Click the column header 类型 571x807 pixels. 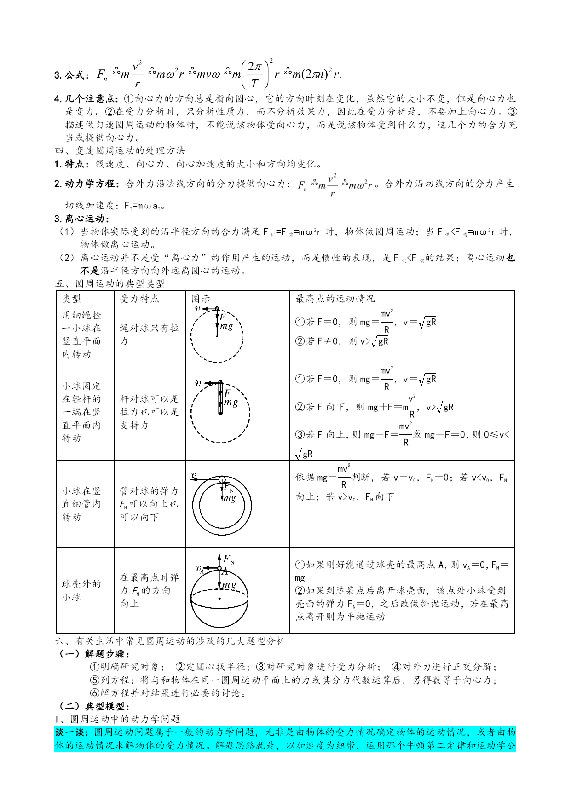pyautogui.click(x=72, y=299)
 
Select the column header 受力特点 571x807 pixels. pyautogui.click(x=139, y=299)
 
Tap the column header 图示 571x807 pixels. pyautogui.click(x=201, y=299)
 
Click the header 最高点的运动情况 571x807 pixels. pyautogui.click(x=335, y=299)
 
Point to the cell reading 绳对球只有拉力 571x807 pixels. pyautogui.click(x=149, y=334)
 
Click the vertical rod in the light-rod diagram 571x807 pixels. pyautogui.click(x=220, y=398)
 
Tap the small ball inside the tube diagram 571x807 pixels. pyautogui.click(x=222, y=480)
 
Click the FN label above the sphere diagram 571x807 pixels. pyautogui.click(x=229, y=559)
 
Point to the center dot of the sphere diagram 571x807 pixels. pyautogui.click(x=219, y=599)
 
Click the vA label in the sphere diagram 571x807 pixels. pyautogui.click(x=200, y=569)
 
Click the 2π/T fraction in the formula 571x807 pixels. pyautogui.click(x=255, y=75)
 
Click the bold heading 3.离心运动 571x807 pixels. pyautogui.click(x=81, y=219)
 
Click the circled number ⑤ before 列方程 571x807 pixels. pyautogui.click(x=95, y=680)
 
